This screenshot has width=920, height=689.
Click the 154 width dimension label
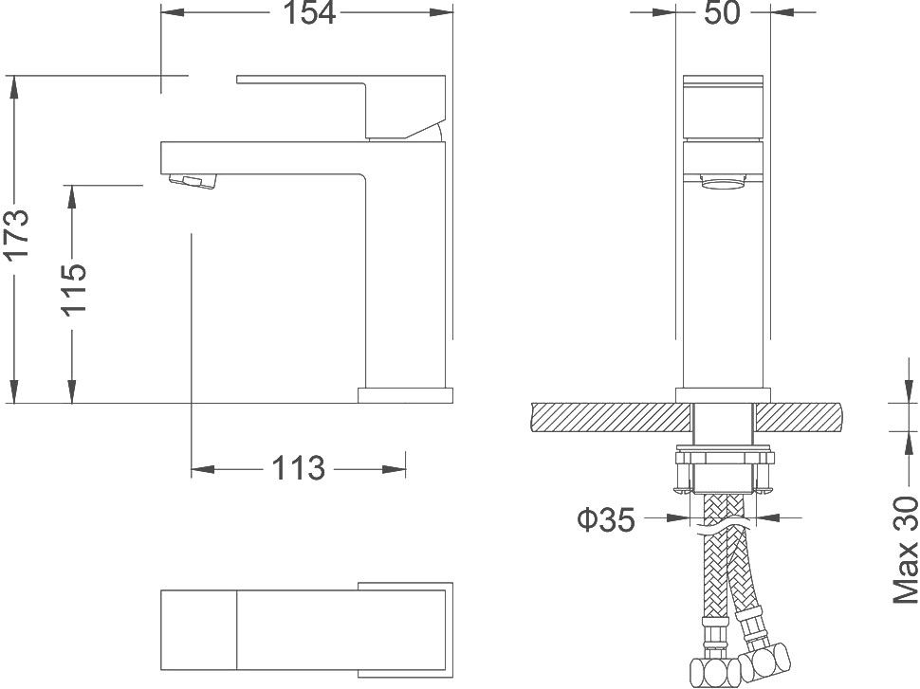pos(308,13)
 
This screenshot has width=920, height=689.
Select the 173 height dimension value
pos(17,234)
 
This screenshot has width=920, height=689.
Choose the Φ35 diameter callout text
pos(606,519)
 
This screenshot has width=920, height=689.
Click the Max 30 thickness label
pos(906,551)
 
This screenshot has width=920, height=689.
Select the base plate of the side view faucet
pos(405,394)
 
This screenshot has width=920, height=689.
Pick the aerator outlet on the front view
pos(726,184)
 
